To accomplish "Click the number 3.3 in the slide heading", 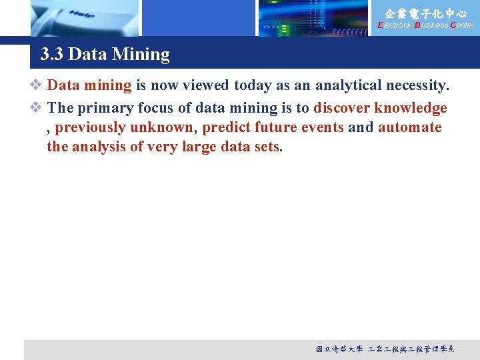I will (52, 54).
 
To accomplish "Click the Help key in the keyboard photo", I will (81, 14).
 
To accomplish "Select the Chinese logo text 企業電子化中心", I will (426, 13).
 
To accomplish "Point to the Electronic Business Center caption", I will (426, 25).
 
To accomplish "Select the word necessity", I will (417, 85).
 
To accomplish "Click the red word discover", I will (341, 108).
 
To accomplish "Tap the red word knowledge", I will (411, 108).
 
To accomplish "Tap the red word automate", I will (410, 127).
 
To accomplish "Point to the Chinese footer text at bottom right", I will (385, 349).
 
